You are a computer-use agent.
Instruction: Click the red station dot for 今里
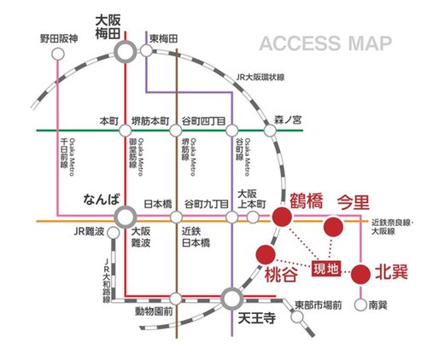point(333,226)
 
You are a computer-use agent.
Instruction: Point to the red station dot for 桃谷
point(265,254)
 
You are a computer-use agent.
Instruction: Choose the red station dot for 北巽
point(360,273)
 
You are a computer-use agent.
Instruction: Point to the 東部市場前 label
point(318,305)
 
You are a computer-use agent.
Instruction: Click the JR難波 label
point(88,232)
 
